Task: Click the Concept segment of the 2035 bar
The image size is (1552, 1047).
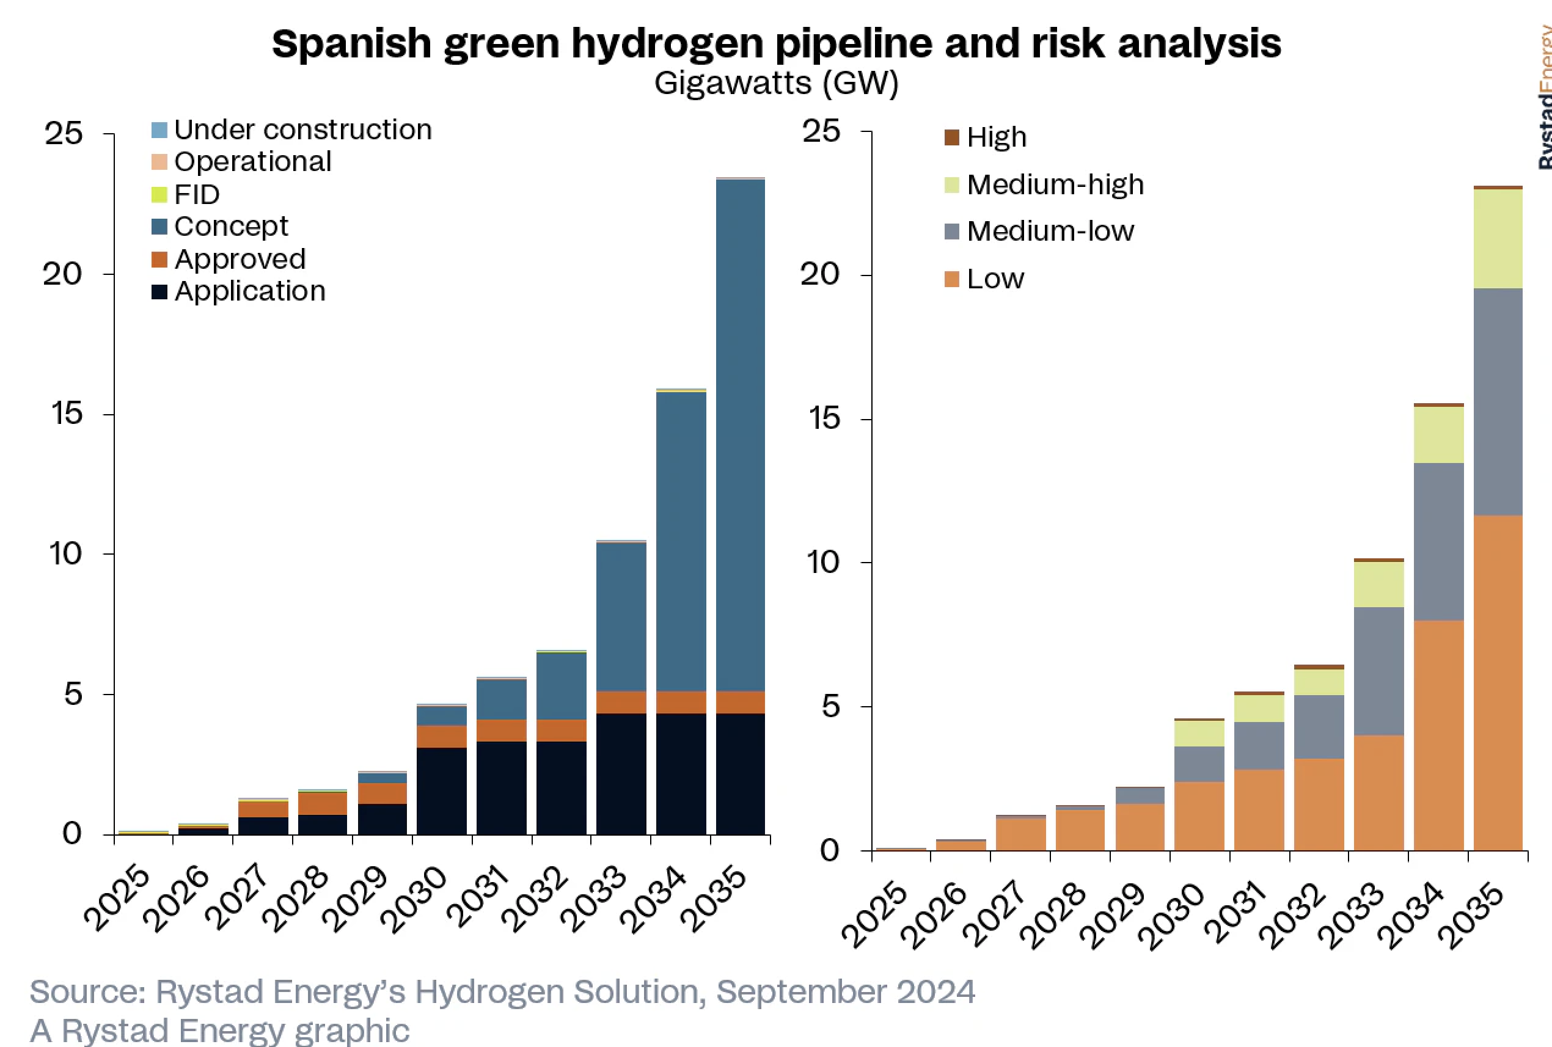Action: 740,434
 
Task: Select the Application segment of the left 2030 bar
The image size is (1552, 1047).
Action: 441,791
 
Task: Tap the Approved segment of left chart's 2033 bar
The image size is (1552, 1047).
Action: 621,702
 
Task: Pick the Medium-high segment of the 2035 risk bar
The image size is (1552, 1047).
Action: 1498,238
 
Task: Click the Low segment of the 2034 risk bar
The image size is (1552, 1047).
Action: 1438,734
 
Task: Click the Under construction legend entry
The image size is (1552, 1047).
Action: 302,130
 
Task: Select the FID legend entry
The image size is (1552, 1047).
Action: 196,194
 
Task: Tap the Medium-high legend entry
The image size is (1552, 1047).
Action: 1055,184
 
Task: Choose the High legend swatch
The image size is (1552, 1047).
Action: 951,137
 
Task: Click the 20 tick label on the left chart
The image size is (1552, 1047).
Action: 63,274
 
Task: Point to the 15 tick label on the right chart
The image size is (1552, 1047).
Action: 822,418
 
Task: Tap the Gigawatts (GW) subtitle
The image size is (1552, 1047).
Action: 776,84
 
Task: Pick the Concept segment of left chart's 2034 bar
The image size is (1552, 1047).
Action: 681,541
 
